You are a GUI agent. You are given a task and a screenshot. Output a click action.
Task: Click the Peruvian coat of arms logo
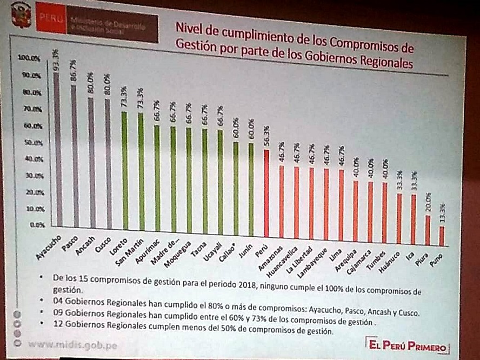[21, 15]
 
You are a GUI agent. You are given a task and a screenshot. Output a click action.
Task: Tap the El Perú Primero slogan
[406, 345]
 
